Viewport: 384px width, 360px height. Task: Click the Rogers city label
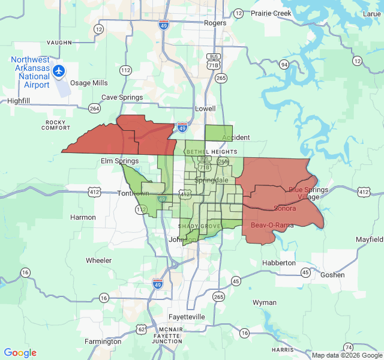pos(215,23)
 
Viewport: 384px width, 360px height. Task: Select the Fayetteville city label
pos(188,316)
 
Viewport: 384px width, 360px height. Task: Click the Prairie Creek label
pos(271,13)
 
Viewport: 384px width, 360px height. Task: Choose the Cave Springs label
pos(122,97)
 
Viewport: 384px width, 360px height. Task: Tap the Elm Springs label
pos(119,161)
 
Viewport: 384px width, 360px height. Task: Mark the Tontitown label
pos(118,193)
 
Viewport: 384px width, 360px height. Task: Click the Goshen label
pos(333,275)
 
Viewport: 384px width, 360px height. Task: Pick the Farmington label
pos(103,341)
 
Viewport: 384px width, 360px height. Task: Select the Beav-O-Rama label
pos(272,225)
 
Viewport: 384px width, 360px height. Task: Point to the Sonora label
pos(284,208)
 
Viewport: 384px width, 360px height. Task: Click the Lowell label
pos(205,109)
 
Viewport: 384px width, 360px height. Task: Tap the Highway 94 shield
pos(284,64)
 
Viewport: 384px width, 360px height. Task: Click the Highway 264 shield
pos(94,108)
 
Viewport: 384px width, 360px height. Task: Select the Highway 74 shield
pos(349,347)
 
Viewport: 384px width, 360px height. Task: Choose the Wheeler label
pos(98,260)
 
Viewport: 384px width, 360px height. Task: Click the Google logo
pos(20,353)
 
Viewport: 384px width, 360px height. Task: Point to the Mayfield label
pos(368,239)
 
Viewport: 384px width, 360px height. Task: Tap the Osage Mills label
pos(88,83)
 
